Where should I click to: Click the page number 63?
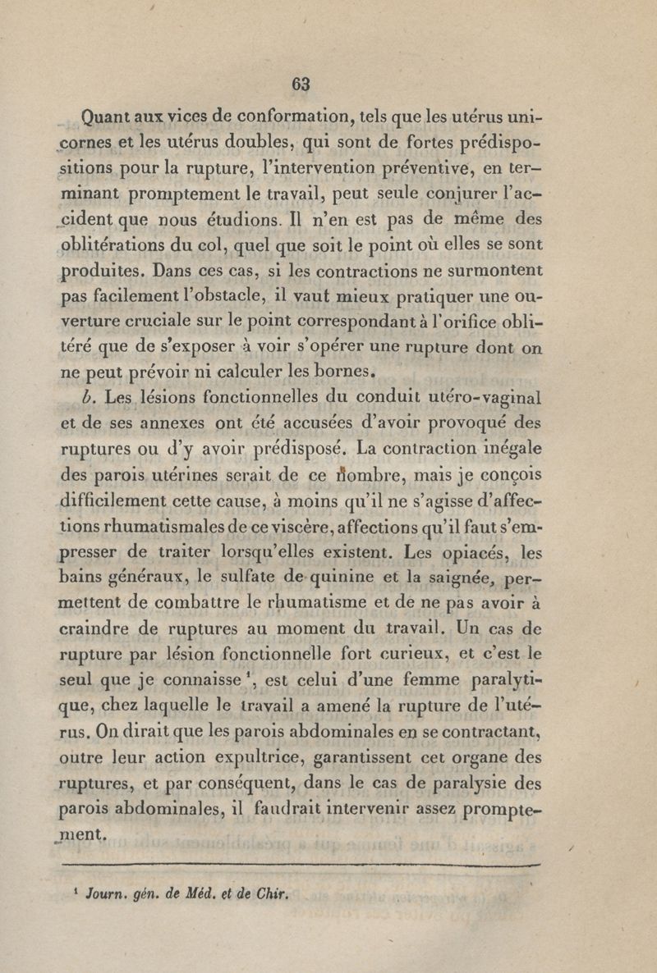coord(301,84)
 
